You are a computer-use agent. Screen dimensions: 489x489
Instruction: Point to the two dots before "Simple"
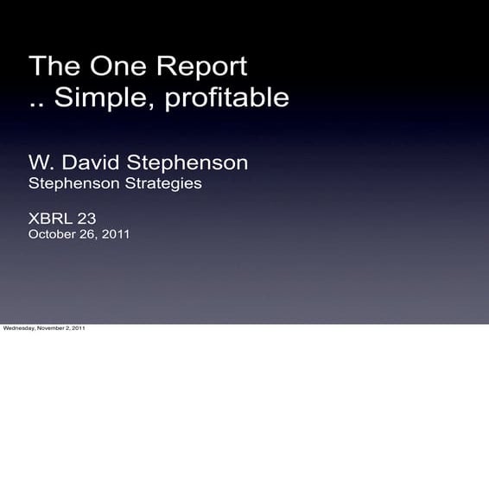(x=36, y=104)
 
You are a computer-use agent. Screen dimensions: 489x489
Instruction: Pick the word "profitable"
(x=227, y=98)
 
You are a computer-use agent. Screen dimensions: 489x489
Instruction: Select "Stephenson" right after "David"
(x=187, y=162)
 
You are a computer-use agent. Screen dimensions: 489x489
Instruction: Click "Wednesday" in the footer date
(x=18, y=328)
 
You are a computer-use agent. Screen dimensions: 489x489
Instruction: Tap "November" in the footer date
(x=49, y=328)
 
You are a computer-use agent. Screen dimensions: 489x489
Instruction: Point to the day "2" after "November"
(x=67, y=328)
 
